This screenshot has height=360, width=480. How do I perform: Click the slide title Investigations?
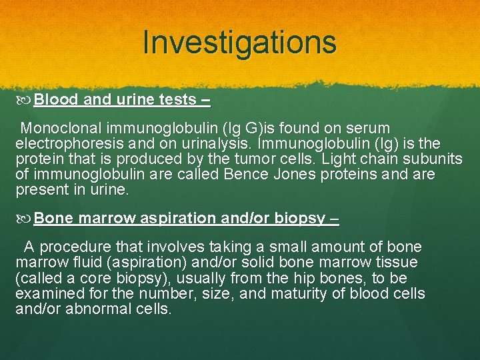[239, 42]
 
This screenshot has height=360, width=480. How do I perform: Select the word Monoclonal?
[63, 128]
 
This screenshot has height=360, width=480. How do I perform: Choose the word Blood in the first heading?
[56, 100]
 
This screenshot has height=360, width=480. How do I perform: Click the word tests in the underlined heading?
[177, 100]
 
